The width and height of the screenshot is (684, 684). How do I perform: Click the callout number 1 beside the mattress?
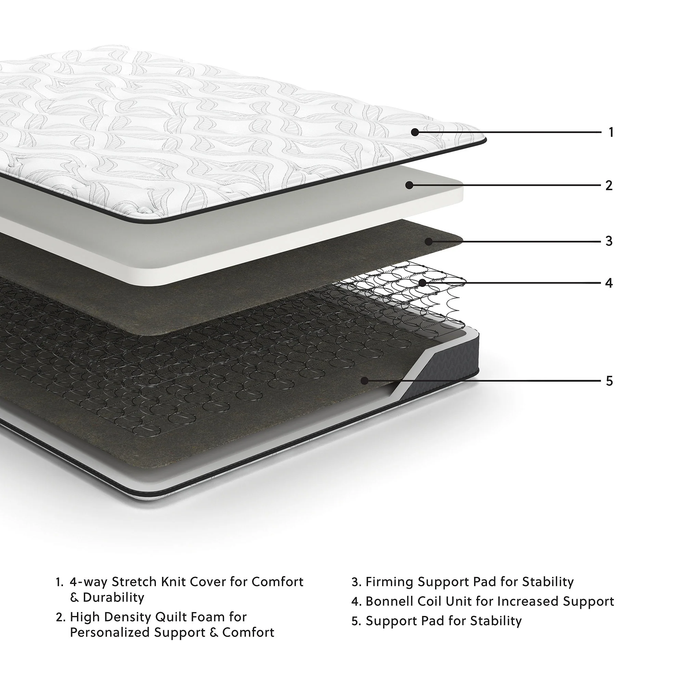pyautogui.click(x=611, y=132)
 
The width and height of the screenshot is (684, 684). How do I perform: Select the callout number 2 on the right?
pyautogui.click(x=609, y=185)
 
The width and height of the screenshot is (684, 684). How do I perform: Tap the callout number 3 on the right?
pyautogui.click(x=609, y=241)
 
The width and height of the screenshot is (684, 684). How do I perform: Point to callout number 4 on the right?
pyautogui.click(x=609, y=283)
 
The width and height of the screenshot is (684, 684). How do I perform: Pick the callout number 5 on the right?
pyautogui.click(x=609, y=381)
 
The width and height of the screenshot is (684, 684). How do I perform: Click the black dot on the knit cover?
pyautogui.click(x=415, y=132)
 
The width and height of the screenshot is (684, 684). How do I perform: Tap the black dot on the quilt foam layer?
pyautogui.click(x=409, y=185)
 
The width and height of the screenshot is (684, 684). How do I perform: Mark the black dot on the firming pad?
pyautogui.click(x=429, y=241)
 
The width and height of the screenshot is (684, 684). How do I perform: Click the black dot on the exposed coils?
pyautogui.click(x=422, y=282)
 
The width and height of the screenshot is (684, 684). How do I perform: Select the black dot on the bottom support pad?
pyautogui.click(x=365, y=381)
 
